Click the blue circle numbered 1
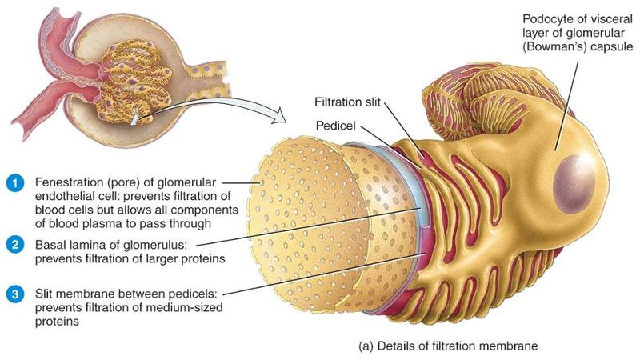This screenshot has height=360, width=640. [x=13, y=182]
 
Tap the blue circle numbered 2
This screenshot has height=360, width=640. [x=13, y=244]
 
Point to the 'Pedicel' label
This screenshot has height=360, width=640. [x=334, y=126]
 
